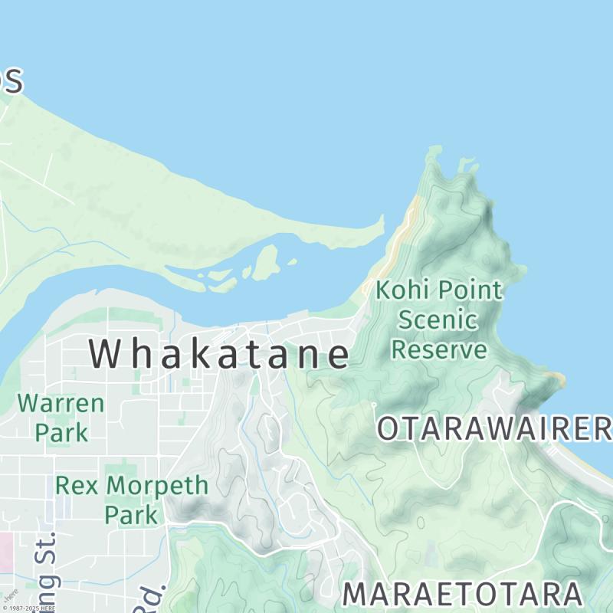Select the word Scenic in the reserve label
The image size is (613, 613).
tap(438, 320)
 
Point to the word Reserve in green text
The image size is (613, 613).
tap(439, 349)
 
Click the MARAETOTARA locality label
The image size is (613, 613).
tap(462, 595)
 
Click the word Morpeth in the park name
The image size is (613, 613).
tap(157, 485)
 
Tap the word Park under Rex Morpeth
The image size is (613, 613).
tap(131, 514)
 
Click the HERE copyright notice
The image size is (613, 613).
tap(28, 608)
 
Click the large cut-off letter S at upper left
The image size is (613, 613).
tap(11, 80)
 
